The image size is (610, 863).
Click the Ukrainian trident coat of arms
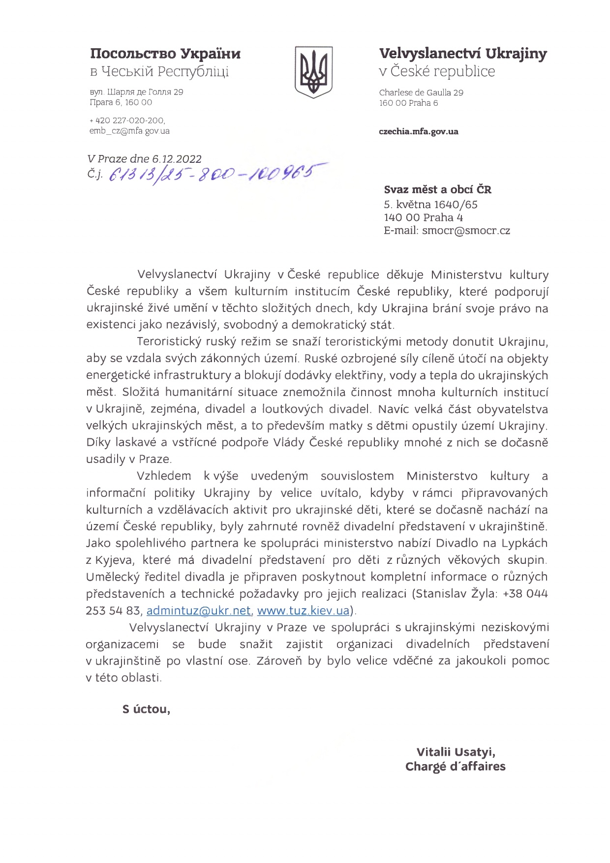313,72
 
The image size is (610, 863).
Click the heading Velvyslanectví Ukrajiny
462,53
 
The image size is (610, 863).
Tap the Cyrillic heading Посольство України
165,53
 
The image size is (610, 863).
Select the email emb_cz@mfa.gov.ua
129,131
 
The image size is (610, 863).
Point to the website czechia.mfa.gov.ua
419,131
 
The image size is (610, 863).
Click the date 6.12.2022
177,159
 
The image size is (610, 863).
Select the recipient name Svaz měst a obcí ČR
437,190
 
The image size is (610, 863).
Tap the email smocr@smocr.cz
466,230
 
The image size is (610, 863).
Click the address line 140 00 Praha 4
423,217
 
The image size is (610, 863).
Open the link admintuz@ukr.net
199,611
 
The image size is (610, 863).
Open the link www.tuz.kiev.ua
303,611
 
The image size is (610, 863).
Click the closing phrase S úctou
146,709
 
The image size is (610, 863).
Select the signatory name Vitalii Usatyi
456,752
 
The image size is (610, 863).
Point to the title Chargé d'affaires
455,767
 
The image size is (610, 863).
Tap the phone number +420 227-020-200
127,121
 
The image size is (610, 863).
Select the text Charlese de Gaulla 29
421,92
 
